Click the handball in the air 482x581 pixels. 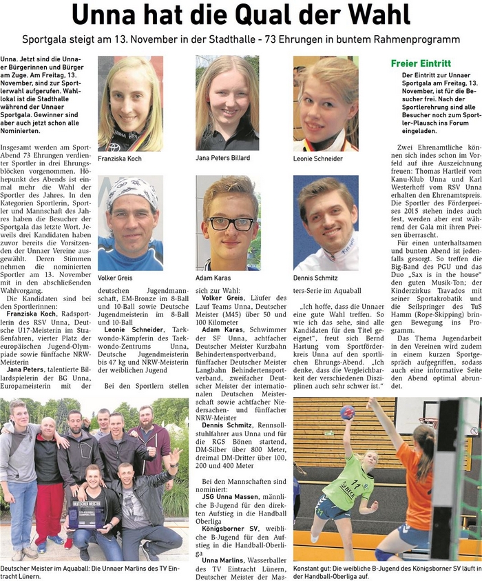347,412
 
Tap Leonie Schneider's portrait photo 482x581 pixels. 326,103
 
